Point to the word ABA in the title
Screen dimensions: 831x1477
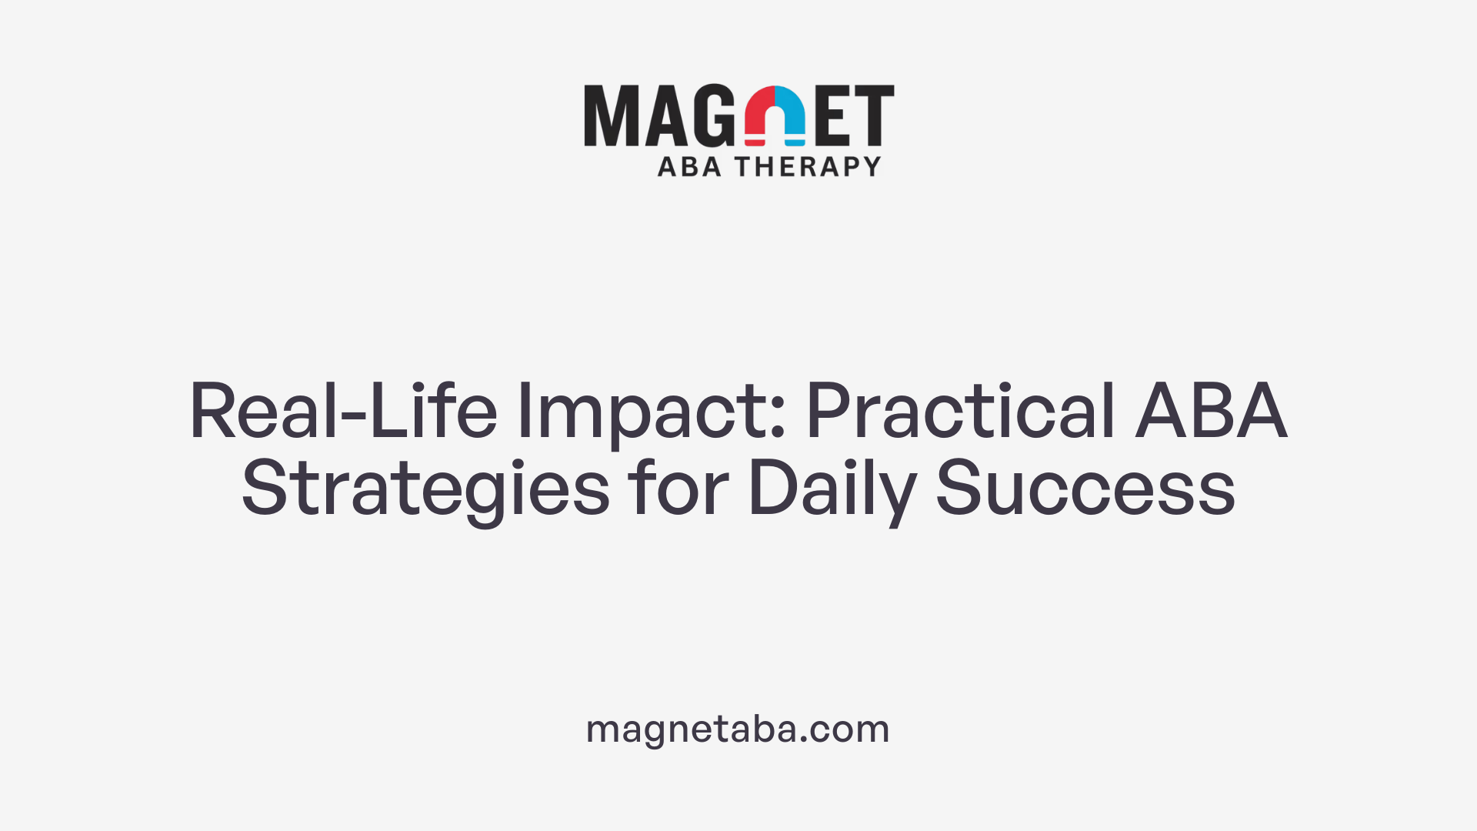[x=1211, y=411]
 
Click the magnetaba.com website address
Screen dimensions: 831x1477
[x=738, y=729]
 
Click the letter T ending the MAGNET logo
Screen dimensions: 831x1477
[x=875, y=115]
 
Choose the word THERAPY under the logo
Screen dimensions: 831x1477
[x=808, y=167]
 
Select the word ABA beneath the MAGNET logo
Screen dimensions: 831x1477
[x=689, y=167]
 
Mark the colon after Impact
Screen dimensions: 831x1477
[x=778, y=422]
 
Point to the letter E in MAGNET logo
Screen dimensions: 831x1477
[x=833, y=115]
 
